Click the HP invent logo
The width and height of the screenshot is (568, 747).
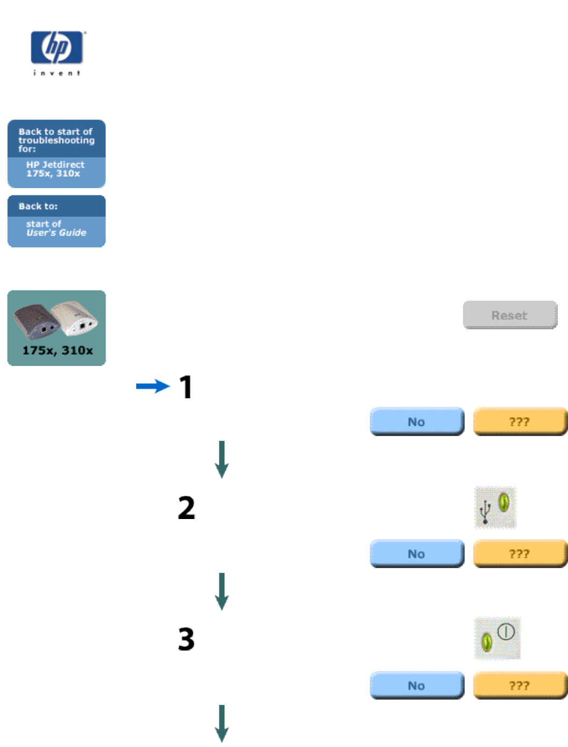point(57,52)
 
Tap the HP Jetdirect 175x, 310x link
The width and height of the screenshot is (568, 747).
point(55,169)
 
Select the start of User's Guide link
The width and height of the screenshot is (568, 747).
point(55,229)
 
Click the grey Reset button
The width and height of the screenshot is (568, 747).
point(509,315)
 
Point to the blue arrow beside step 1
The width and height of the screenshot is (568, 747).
point(152,386)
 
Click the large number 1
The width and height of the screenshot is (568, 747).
point(186,387)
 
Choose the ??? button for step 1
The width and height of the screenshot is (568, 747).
point(519,421)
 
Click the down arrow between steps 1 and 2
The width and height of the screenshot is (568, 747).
point(222,459)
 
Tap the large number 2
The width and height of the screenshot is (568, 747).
point(186,508)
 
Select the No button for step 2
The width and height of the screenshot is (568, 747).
point(416,554)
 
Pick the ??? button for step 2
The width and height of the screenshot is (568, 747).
point(519,554)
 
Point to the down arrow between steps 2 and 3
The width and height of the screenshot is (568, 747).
point(222,591)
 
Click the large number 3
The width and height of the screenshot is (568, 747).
point(186,639)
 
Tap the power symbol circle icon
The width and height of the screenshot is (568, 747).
point(506,631)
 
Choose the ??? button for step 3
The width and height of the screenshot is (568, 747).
point(519,686)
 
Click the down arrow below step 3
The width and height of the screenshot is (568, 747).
point(222,723)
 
